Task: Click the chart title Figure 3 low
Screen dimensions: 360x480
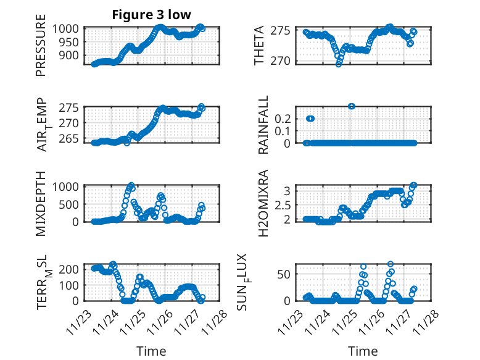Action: pos(151,15)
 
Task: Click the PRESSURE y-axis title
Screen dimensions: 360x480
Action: pos(41,49)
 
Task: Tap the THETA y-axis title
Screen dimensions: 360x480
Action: pos(259,46)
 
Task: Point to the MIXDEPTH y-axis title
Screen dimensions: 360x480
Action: pos(41,203)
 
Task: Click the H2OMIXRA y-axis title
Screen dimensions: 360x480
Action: pos(263,203)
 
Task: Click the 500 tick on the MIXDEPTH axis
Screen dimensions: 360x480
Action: pos(72,204)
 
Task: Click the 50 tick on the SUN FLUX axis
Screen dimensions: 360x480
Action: pos(286,274)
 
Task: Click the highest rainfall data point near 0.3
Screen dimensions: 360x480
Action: pos(351,106)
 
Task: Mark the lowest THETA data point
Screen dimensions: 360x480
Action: pos(339,64)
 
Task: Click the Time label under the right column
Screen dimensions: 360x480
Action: pos(363,351)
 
